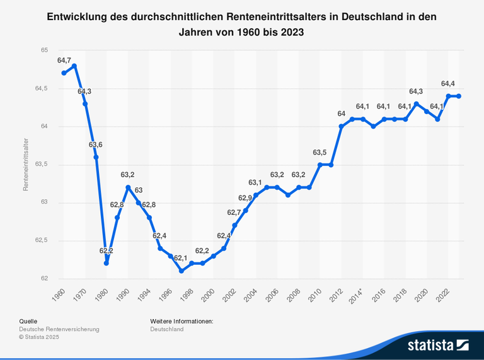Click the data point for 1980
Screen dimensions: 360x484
pyautogui.click(x=107, y=263)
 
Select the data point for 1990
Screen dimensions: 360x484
pyautogui.click(x=128, y=187)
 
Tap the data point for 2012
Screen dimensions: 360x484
pyautogui.click(x=342, y=127)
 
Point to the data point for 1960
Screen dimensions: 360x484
pyautogui.click(x=64, y=73)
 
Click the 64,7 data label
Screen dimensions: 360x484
pyautogui.click(x=64, y=61)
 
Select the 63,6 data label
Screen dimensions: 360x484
pyautogui.click(x=96, y=145)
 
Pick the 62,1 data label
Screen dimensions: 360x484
pyautogui.click(x=181, y=258)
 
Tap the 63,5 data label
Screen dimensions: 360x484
pyautogui.click(x=320, y=153)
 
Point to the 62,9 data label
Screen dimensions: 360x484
pyautogui.click(x=245, y=198)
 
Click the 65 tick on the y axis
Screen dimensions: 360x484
pyautogui.click(x=45, y=50)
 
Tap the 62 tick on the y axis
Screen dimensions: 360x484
pyautogui.click(x=45, y=279)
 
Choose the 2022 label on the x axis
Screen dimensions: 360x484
pyautogui.click(x=442, y=295)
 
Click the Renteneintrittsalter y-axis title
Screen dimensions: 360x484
pyautogui.click(x=26, y=165)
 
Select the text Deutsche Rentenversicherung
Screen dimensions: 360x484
pyautogui.click(x=59, y=329)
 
